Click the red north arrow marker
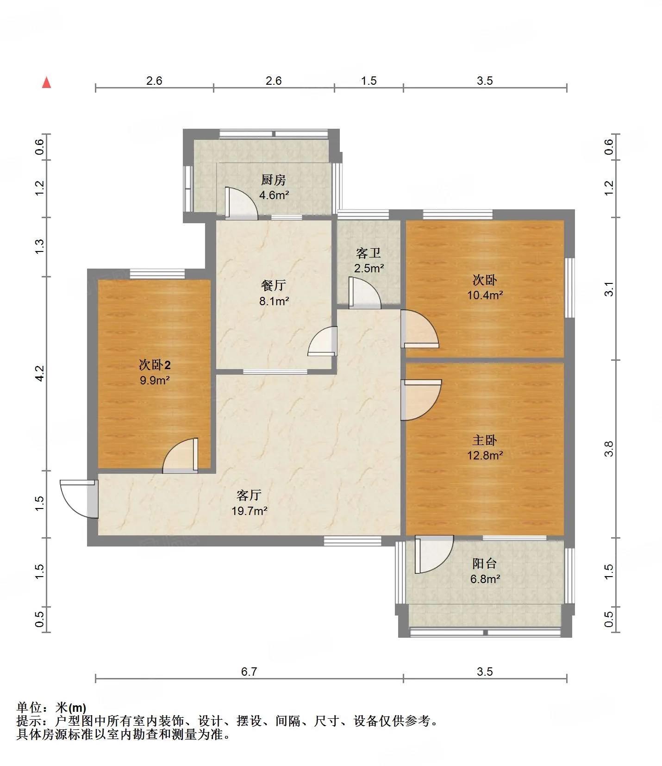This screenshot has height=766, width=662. pyautogui.click(x=46, y=82)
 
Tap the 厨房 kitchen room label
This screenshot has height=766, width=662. pyautogui.click(x=274, y=180)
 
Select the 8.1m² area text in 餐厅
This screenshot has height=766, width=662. pyautogui.click(x=274, y=301)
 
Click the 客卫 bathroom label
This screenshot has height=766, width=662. pyautogui.click(x=368, y=253)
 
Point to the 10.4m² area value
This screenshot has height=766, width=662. pyautogui.click(x=485, y=295)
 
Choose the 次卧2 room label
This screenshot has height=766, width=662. pyautogui.click(x=155, y=365)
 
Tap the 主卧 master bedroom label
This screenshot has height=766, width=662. pyautogui.click(x=485, y=440)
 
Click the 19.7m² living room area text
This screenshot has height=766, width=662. pyautogui.click(x=250, y=511)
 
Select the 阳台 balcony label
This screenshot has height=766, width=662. pyautogui.click(x=485, y=564)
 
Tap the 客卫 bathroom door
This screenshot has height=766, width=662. pyautogui.click(x=365, y=293)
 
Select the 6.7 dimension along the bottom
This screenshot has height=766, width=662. pyautogui.click(x=249, y=672)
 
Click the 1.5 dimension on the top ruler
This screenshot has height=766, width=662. pyautogui.click(x=368, y=81)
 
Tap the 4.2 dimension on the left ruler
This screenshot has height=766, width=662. pyautogui.click(x=40, y=373)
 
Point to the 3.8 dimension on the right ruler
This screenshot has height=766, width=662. pyautogui.click(x=609, y=449)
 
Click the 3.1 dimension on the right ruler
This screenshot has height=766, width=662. pyautogui.click(x=609, y=289)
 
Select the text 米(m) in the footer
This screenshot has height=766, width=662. pyautogui.click(x=71, y=708)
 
